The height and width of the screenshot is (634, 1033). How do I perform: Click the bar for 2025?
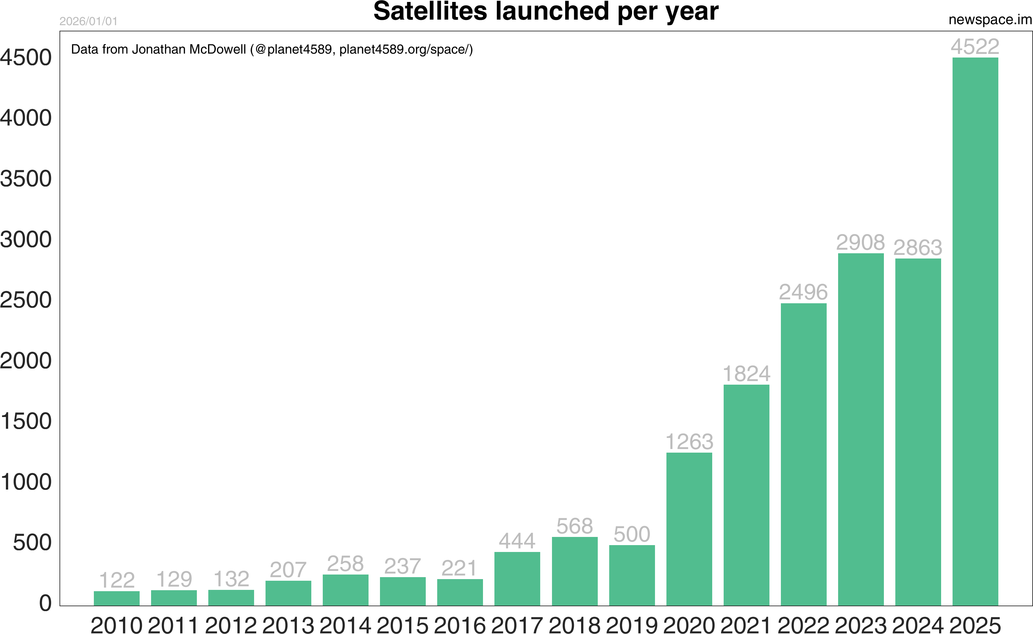click(975, 331)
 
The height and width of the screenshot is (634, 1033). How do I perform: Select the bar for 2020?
click(689, 529)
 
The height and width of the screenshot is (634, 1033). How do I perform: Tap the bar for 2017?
click(517, 579)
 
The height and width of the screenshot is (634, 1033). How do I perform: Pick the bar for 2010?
click(117, 598)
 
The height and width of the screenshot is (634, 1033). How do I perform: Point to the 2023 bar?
click(861, 429)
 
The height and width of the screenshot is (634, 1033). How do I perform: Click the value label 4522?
click(975, 46)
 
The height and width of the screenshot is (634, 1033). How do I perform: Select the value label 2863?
click(918, 247)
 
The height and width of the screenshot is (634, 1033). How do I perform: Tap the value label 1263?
click(689, 442)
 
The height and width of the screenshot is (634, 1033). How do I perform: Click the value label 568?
click(575, 526)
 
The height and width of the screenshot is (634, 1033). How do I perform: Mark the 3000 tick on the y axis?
click(26, 240)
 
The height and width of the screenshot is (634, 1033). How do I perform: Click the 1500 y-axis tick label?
click(26, 421)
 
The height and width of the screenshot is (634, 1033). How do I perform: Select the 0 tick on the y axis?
click(45, 603)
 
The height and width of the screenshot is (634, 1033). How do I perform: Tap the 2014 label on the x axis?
click(345, 625)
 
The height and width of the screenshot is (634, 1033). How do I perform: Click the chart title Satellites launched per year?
click(545, 11)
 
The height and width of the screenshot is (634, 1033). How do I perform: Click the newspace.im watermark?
click(990, 20)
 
